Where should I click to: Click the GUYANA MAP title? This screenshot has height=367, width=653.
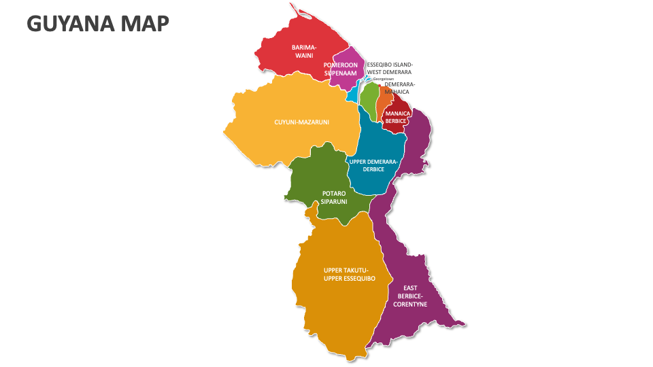pyautogui.click(x=97, y=23)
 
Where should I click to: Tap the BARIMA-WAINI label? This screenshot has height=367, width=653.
pyautogui.click(x=304, y=51)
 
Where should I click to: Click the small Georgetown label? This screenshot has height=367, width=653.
pyautogui.click(x=383, y=79)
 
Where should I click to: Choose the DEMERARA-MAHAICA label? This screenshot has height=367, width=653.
pyautogui.click(x=399, y=88)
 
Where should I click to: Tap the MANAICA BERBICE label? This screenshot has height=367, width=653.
pyautogui.click(x=396, y=117)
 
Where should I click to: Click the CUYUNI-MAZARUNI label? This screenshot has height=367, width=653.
pyautogui.click(x=301, y=122)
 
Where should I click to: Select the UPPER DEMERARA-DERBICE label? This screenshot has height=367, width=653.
pyautogui.click(x=373, y=165)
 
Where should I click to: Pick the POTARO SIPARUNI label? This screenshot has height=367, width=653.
pyautogui.click(x=334, y=198)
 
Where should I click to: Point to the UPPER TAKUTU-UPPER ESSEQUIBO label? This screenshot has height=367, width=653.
pyautogui.click(x=350, y=275)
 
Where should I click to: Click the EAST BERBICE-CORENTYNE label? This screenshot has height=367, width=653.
pyautogui.click(x=410, y=296)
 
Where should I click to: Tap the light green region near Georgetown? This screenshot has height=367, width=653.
pyautogui.click(x=368, y=101)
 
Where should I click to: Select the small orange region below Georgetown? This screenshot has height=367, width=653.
pyautogui.click(x=382, y=102)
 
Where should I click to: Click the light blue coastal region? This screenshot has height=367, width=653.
pyautogui.click(x=352, y=94)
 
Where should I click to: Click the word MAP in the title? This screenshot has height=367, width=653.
pyautogui.click(x=144, y=23)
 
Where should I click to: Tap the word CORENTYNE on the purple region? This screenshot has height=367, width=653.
pyautogui.click(x=410, y=304)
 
